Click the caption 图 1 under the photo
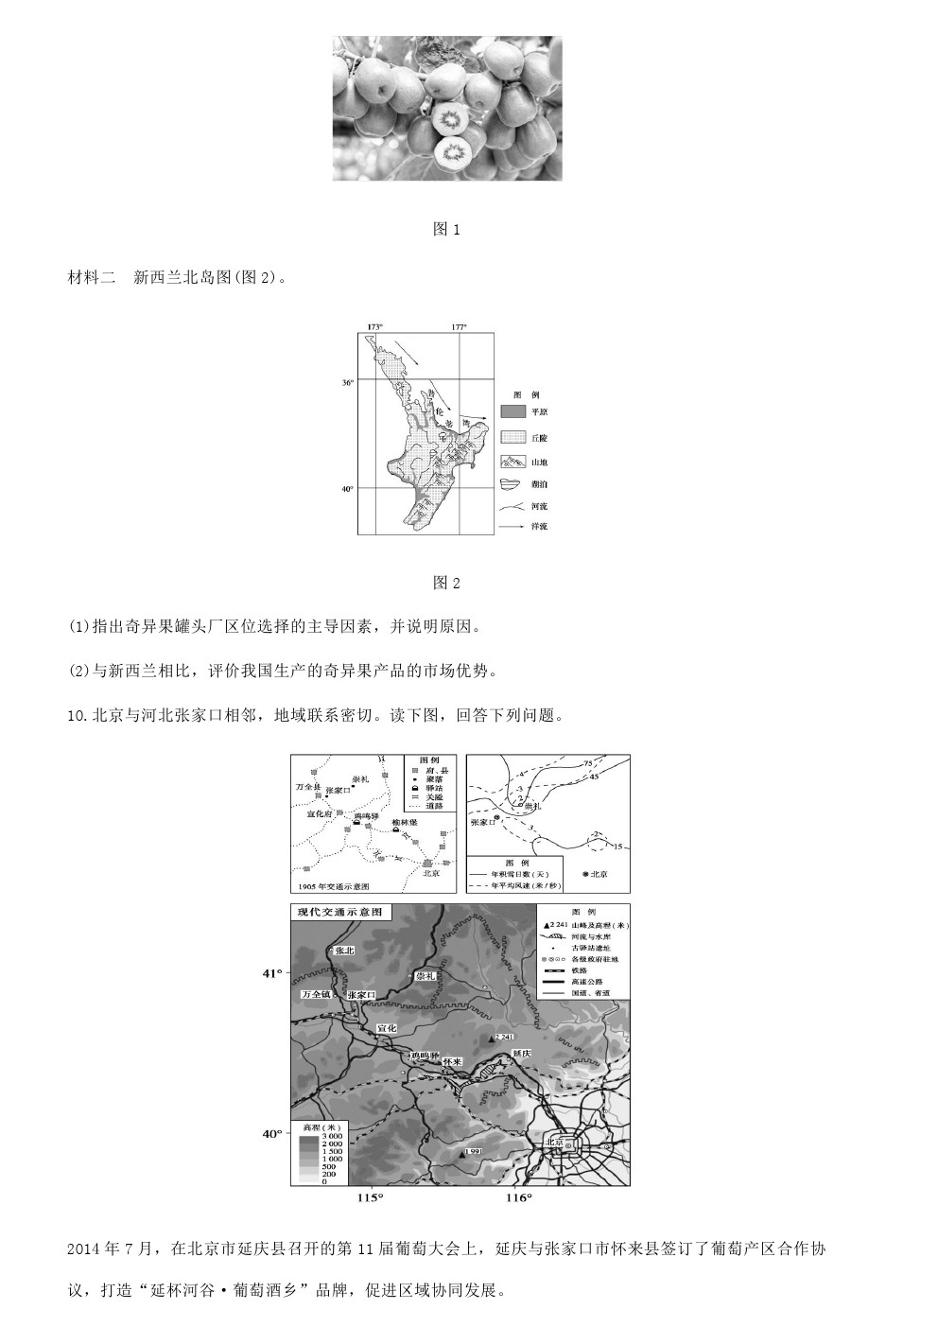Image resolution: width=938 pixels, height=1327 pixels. click(445, 230)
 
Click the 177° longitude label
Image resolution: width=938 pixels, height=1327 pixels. click(460, 327)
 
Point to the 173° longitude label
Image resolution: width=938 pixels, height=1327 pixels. click(374, 327)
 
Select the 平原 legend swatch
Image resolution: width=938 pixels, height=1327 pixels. click(512, 412)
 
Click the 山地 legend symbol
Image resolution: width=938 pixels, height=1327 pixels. click(512, 462)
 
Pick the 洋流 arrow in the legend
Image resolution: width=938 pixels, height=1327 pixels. click(512, 526)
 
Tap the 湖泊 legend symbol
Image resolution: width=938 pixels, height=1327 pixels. click(512, 484)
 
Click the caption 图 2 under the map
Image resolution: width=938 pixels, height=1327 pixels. click(445, 583)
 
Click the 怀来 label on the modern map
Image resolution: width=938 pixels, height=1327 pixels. click(452, 1061)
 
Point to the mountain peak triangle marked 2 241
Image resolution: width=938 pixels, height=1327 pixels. click(491, 1039)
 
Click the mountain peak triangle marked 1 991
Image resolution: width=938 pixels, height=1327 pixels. click(461, 1154)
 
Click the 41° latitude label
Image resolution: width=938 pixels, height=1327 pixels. click(272, 972)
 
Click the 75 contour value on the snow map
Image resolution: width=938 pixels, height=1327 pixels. click(587, 763)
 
